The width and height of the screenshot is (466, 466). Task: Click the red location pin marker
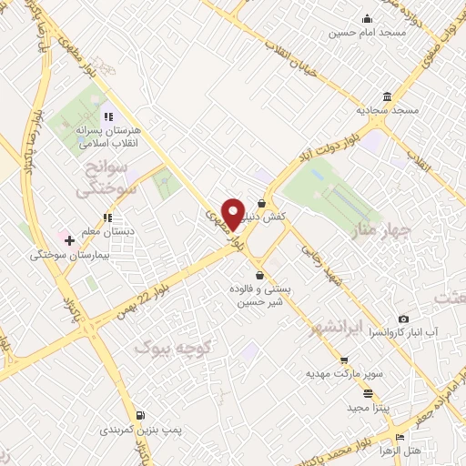point(233,212)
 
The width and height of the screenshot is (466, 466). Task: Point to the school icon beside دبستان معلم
point(107,218)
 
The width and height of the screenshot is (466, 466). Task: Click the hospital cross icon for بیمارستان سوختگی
point(69,239)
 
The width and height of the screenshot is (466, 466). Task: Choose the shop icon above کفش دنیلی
point(262,203)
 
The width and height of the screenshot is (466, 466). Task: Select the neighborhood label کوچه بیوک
point(172,347)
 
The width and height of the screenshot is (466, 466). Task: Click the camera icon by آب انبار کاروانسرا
point(403,320)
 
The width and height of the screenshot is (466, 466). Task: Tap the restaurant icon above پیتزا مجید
point(368,393)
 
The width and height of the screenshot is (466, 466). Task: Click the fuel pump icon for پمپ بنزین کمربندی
point(139,414)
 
